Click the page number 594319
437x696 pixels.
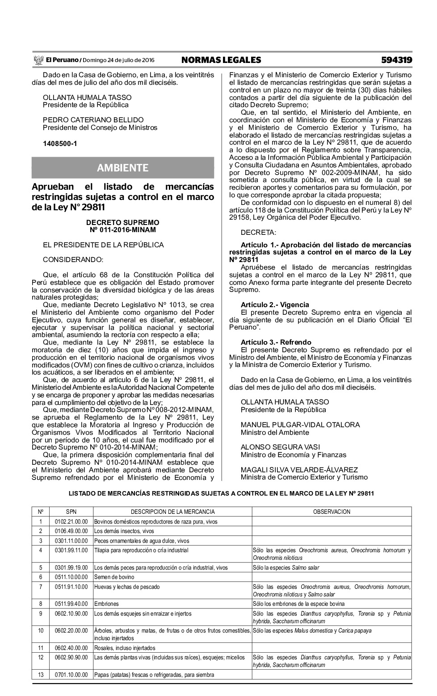396,60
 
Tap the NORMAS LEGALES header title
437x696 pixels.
221,60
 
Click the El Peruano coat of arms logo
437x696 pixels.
38,60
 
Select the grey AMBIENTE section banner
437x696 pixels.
122,168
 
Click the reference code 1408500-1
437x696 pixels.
60,144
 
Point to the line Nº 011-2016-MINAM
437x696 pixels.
122,230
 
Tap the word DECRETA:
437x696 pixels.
258,233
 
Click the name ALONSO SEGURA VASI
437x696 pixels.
280,447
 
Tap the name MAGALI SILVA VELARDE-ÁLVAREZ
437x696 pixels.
299,470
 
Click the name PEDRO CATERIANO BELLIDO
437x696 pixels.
93,120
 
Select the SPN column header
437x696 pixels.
71,512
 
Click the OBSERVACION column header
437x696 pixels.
332,512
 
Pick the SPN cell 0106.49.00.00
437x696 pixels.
71,531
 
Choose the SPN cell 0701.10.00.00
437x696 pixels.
71,675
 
